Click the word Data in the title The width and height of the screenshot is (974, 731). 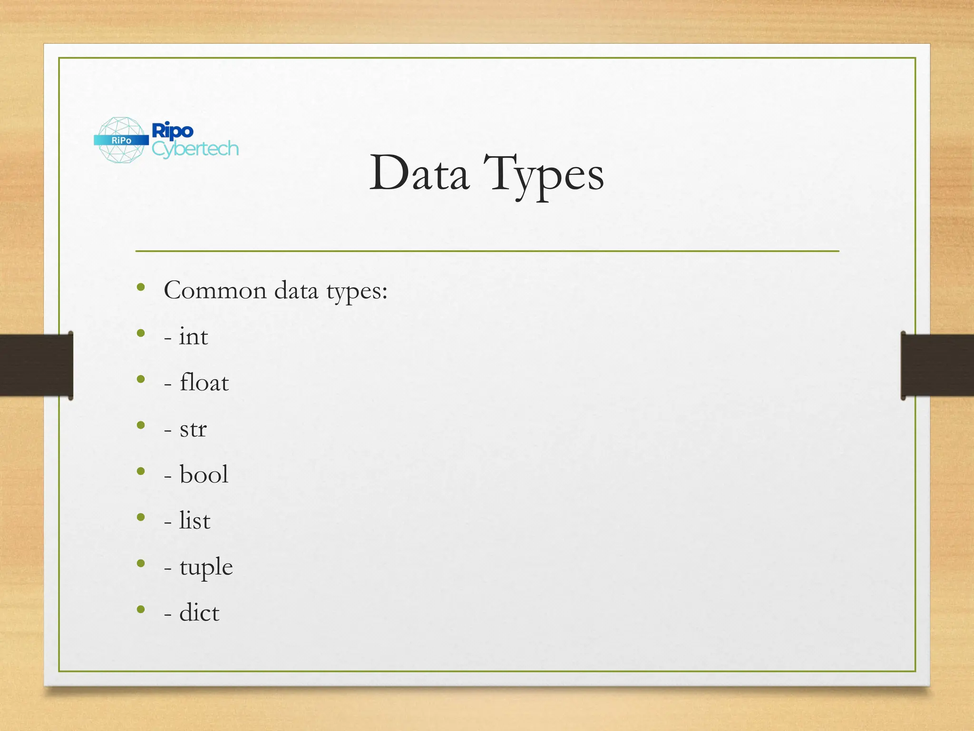point(419,174)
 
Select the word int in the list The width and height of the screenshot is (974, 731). point(194,336)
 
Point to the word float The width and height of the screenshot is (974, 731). point(205,383)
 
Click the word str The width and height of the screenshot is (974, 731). point(193,429)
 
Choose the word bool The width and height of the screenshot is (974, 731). point(204,474)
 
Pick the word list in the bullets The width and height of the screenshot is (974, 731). point(195,520)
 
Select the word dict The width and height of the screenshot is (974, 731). point(199,612)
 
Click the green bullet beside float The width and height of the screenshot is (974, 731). point(141,379)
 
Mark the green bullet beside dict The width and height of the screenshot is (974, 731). point(141,609)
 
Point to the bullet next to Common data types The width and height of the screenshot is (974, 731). point(141,287)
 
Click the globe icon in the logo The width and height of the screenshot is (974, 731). point(121,140)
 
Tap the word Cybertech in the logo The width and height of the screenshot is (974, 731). point(195,149)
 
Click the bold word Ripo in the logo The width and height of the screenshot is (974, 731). point(172,130)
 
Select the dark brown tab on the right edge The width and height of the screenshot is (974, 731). point(937,365)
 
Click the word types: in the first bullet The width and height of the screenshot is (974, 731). point(357,291)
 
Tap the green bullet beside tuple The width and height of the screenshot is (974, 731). point(141,563)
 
